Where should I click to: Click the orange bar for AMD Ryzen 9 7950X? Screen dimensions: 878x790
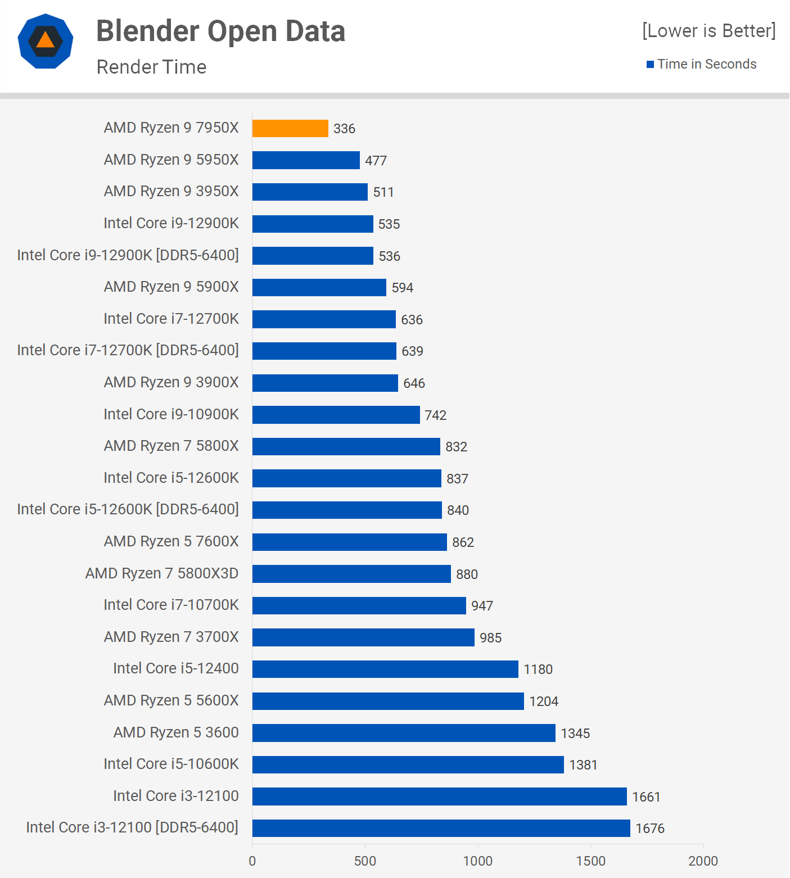point(290,128)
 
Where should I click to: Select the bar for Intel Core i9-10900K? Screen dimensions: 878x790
point(336,415)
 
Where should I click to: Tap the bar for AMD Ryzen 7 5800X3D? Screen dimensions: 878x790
point(351,574)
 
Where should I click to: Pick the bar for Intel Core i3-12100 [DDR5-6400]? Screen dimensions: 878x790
point(441,828)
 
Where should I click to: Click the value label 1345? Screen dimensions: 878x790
point(575,733)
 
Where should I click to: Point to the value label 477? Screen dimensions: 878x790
point(376,161)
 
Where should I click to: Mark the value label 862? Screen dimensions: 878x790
point(463,542)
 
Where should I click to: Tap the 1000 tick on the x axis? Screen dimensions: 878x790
point(478,861)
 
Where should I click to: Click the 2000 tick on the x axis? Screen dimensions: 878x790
point(703,861)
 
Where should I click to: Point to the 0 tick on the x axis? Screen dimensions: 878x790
point(252,861)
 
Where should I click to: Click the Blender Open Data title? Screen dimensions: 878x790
point(220,31)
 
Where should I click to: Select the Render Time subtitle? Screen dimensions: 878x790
point(151,67)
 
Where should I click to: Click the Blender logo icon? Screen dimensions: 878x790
point(46,41)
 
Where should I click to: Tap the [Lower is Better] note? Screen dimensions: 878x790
point(708,30)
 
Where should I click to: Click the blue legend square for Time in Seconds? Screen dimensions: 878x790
point(650,64)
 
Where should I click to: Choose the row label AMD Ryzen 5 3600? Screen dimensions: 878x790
point(176,732)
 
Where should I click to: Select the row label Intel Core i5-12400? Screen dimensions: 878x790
point(175,668)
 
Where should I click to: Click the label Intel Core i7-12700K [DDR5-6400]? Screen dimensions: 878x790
point(128,350)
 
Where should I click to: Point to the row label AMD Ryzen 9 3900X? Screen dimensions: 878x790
point(171,382)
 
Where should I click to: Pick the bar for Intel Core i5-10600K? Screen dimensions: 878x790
point(408,764)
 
